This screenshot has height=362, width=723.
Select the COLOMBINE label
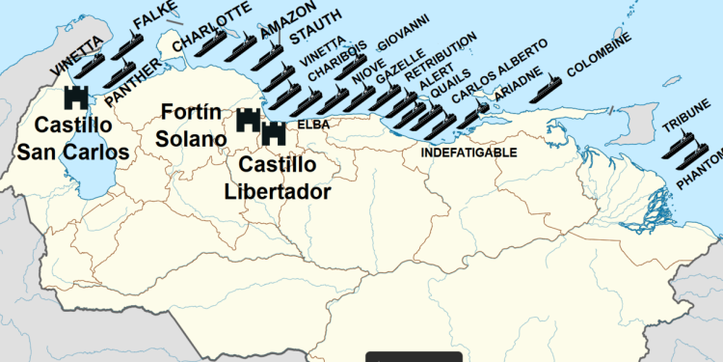click(x=600, y=54)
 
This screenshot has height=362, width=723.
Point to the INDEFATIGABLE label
click(x=469, y=153)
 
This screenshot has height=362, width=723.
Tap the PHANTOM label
click(x=700, y=169)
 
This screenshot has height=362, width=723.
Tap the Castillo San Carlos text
click(x=79, y=139)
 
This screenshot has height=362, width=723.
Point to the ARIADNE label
click(x=511, y=96)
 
